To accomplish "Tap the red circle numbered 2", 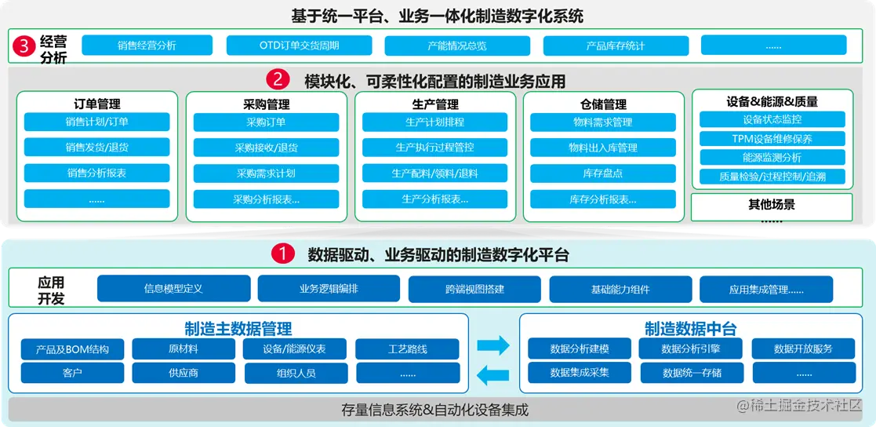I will (278, 80).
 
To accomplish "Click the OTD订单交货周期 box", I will (299, 46).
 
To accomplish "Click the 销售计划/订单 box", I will (96, 122).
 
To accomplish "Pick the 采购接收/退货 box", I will (266, 148).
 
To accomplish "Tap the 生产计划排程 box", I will (434, 122).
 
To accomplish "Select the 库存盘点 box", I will (602, 173).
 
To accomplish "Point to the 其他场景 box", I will (771, 205).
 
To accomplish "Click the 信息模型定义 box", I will (173, 289).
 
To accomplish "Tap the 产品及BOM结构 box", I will (72, 349).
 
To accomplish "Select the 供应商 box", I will (183, 373).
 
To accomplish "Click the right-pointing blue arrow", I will (493, 345).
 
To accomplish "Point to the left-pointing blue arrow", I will (493, 372).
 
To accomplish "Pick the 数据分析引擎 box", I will (691, 349).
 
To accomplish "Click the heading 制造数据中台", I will (690, 328).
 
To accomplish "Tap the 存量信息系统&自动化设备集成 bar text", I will (434, 409).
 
